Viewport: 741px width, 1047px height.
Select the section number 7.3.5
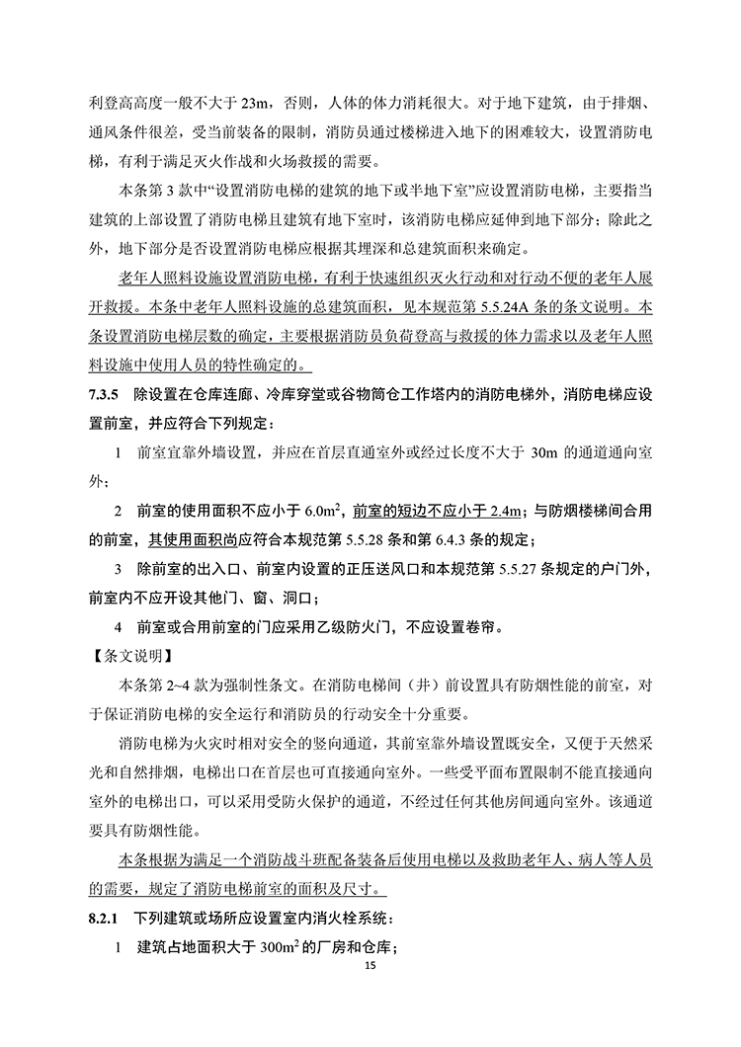(x=105, y=395)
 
